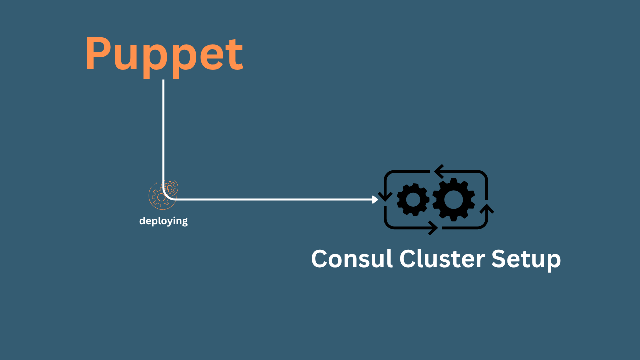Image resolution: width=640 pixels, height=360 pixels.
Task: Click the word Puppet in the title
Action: point(164,55)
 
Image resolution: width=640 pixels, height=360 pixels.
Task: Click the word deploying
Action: point(163,221)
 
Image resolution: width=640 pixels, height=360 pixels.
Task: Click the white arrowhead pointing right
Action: point(375,199)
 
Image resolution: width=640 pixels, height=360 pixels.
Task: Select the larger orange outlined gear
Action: point(160,197)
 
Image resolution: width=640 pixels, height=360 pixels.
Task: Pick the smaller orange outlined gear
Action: point(170,187)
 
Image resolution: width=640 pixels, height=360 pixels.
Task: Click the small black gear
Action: point(413,200)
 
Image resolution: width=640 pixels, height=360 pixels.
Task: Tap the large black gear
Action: point(454,200)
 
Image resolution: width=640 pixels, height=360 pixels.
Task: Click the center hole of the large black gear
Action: point(454,200)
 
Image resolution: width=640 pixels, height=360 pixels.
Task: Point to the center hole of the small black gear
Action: point(413,200)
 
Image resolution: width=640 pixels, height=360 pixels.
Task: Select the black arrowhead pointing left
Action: point(438,172)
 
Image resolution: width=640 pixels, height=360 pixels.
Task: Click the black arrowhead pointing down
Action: point(385,196)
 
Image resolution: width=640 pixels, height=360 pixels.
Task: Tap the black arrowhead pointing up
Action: point(488,208)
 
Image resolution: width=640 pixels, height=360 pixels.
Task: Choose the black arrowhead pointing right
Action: point(433,229)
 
